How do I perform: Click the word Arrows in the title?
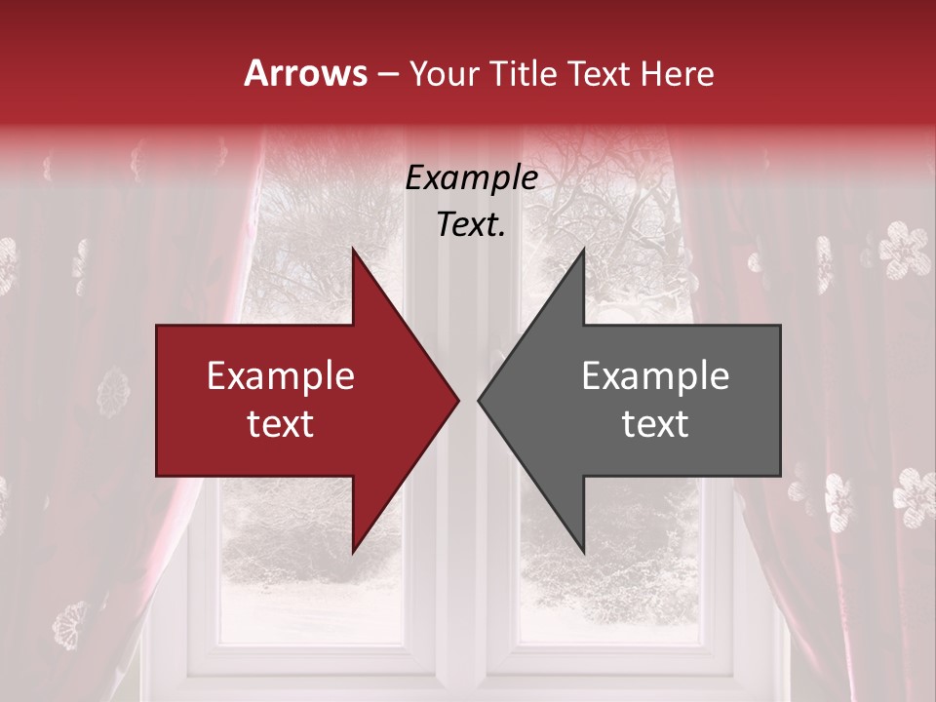click(306, 73)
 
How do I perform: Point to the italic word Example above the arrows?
click(471, 177)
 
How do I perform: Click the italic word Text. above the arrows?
click(471, 224)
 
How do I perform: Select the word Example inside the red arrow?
click(281, 376)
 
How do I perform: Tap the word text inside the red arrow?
click(281, 423)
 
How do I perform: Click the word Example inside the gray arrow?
click(655, 376)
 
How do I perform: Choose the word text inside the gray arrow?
click(655, 423)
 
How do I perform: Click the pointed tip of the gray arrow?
click(479, 400)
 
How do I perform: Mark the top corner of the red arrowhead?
click(353, 250)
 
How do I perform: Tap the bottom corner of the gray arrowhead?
click(583, 551)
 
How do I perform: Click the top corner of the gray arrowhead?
click(583, 250)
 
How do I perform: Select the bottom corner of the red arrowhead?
click(353, 551)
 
